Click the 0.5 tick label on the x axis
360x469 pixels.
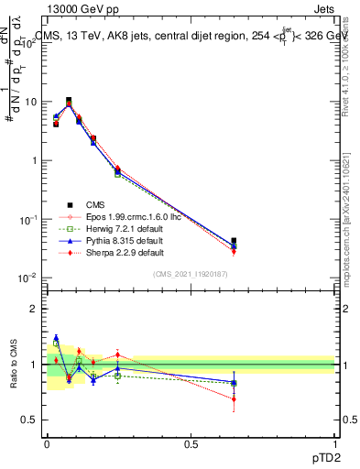(x=191, y=443)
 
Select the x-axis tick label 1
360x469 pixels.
(x=336, y=443)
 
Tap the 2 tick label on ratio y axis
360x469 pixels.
(x=35, y=309)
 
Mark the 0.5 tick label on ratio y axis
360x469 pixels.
(x=31, y=420)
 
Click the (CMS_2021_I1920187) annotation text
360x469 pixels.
(x=191, y=274)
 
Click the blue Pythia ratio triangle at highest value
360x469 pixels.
(x=56, y=338)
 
